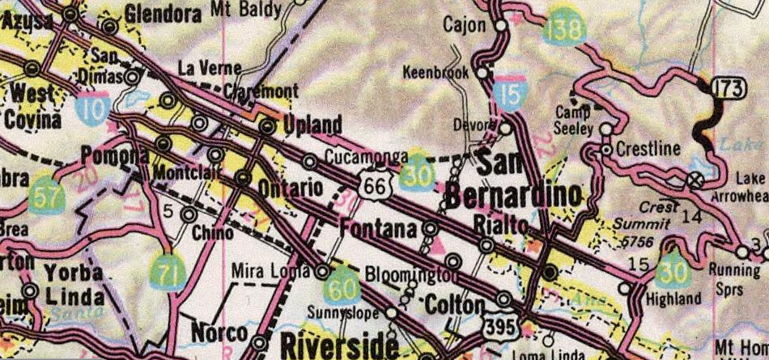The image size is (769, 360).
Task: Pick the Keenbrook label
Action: click(436, 73)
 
